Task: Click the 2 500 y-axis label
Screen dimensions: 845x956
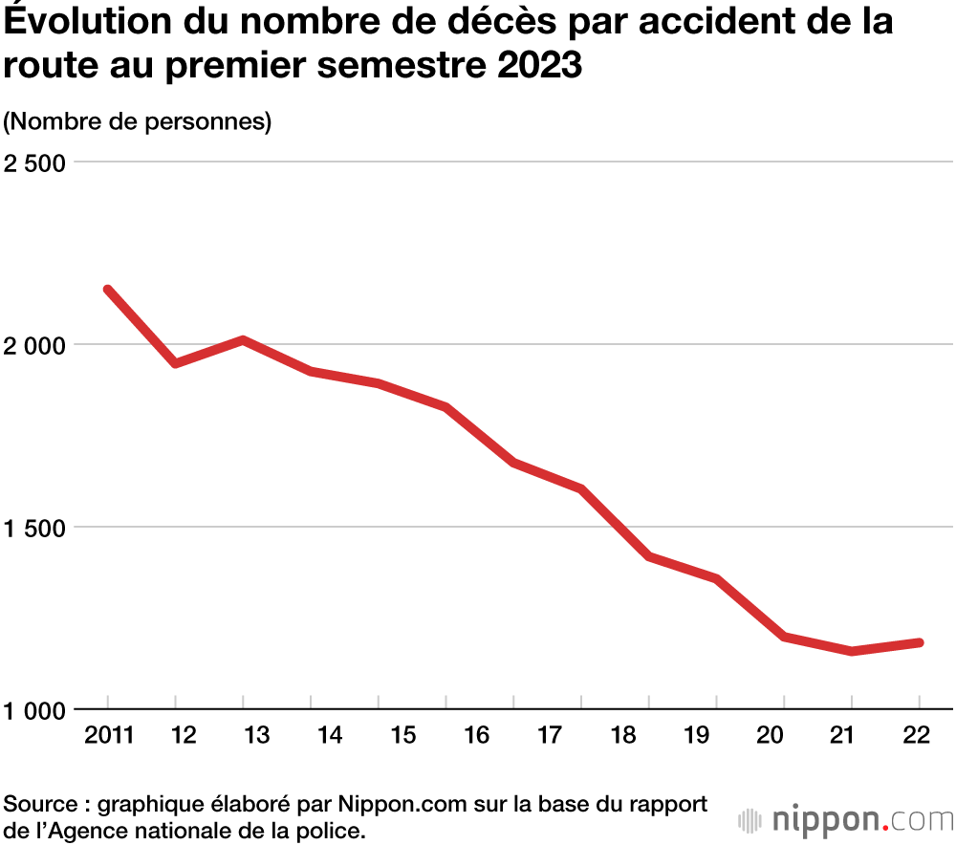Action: pyautogui.click(x=35, y=162)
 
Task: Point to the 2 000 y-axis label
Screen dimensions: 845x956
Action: pyautogui.click(x=35, y=344)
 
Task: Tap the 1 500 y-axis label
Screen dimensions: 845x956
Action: pyautogui.click(x=35, y=527)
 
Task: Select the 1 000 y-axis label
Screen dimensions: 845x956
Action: pyautogui.click(x=35, y=710)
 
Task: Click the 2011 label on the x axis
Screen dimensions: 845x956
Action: pyautogui.click(x=108, y=735)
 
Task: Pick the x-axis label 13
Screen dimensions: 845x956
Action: pyautogui.click(x=244, y=735)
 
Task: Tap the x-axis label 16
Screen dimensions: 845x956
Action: pyautogui.click(x=476, y=735)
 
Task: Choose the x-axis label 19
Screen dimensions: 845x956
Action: pyautogui.click(x=698, y=735)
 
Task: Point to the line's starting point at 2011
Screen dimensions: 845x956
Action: pyautogui.click(x=108, y=290)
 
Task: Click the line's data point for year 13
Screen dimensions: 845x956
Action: pyautogui.click(x=244, y=340)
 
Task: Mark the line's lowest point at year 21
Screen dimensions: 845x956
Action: pyautogui.click(x=851, y=651)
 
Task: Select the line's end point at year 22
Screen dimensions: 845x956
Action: pyautogui.click(x=919, y=642)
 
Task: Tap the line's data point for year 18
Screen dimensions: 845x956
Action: pyautogui.click(x=649, y=556)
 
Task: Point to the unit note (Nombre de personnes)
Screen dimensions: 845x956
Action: pyautogui.click(x=139, y=121)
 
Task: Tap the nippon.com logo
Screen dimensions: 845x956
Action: pyautogui.click(x=847, y=819)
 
